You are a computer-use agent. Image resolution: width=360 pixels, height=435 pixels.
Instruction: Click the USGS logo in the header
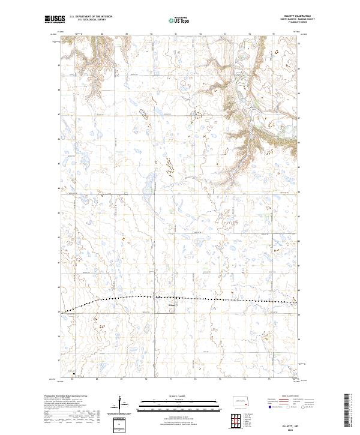pyautogui.click(x=55, y=20)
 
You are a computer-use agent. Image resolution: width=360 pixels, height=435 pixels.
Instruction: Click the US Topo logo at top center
pyautogui.click(x=179, y=20)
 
